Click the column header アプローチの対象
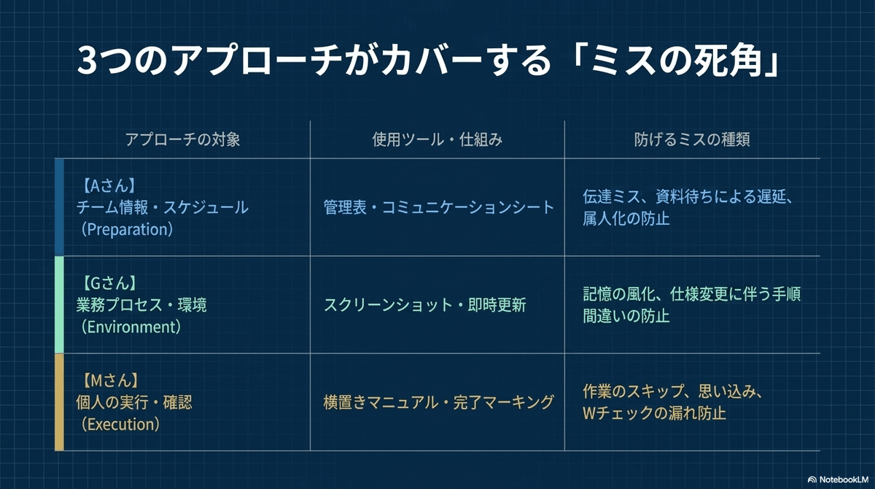click(x=182, y=140)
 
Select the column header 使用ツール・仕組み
click(x=437, y=140)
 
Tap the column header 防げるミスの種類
click(x=692, y=140)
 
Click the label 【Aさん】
click(x=107, y=185)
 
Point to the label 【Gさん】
click(x=107, y=282)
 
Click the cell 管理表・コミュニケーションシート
click(x=439, y=207)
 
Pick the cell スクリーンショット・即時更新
click(x=425, y=305)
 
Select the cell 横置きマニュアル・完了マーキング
click(x=439, y=402)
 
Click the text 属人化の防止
click(x=626, y=218)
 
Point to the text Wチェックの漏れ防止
click(x=654, y=413)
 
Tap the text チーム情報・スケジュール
click(x=163, y=207)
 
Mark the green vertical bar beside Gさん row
click(x=59, y=305)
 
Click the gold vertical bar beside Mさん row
click(x=59, y=402)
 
